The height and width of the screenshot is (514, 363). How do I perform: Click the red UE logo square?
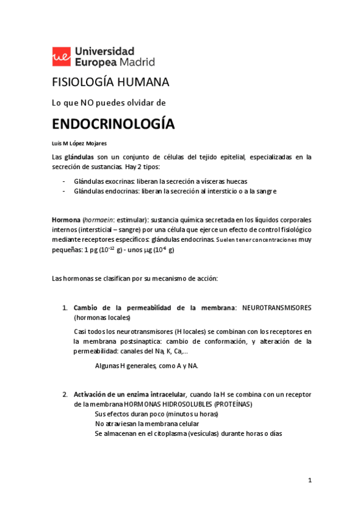[x=61, y=56]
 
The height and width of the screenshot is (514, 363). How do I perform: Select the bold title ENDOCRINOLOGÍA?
[x=113, y=124]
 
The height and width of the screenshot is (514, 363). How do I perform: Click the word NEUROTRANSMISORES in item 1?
[x=276, y=308]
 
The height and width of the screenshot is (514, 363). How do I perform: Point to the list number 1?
[x=64, y=308]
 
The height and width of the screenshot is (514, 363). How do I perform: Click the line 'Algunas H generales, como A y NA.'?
[x=146, y=365]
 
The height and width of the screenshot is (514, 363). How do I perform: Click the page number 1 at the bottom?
[x=309, y=481]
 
